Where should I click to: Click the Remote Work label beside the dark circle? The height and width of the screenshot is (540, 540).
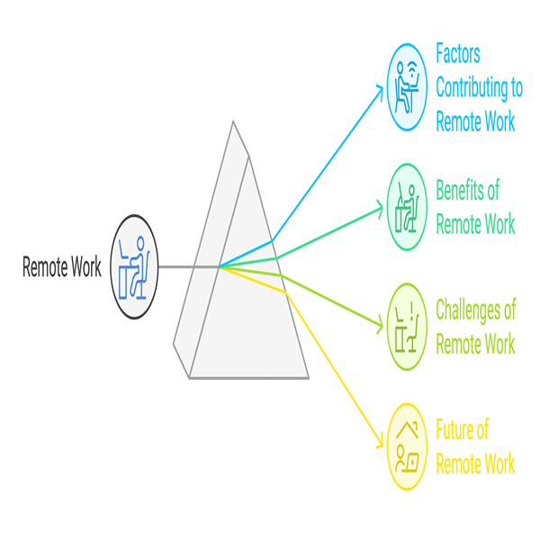(x=62, y=268)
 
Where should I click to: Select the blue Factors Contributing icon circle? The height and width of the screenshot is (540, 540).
(x=408, y=87)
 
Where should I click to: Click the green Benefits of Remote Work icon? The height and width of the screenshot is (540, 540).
(x=408, y=206)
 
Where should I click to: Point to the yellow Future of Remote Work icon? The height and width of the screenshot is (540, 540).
(x=408, y=447)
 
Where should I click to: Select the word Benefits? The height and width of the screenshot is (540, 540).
(x=466, y=190)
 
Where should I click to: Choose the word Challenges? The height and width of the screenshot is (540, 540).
(x=475, y=310)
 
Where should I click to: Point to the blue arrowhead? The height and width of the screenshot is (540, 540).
(x=380, y=87)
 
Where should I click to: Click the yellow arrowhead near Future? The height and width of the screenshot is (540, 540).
(x=380, y=446)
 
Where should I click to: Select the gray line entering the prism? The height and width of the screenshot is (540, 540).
(x=189, y=267)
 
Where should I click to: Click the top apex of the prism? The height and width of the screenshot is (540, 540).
(x=233, y=122)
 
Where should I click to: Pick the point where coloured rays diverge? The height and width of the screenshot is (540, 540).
(x=220, y=267)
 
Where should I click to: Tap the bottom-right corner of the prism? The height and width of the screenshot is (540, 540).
(x=308, y=378)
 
